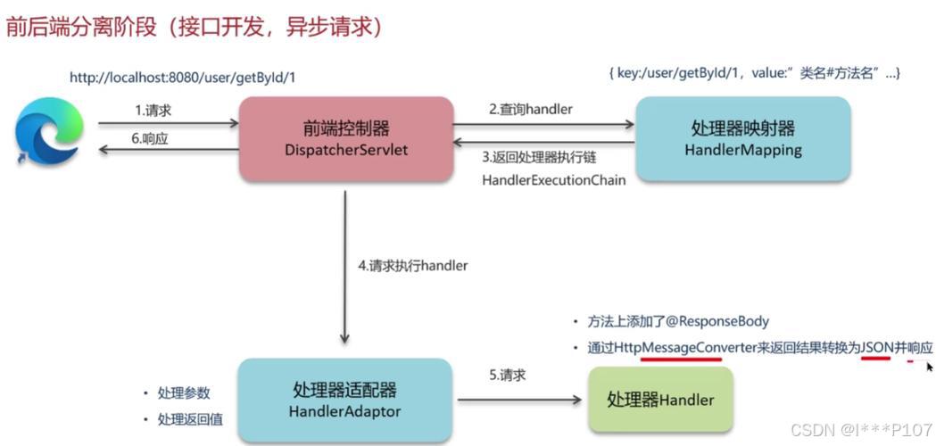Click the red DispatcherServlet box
click(x=346, y=138)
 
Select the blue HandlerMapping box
click(x=742, y=138)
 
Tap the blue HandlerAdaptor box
click(x=344, y=400)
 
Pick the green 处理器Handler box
click(x=660, y=400)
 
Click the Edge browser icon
click(x=49, y=132)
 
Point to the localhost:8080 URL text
click(x=182, y=78)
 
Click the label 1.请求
click(x=153, y=111)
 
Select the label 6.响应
click(x=150, y=139)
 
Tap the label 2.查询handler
click(x=530, y=109)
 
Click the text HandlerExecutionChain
click(x=553, y=179)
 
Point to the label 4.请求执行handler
click(x=412, y=265)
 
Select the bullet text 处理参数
click(x=184, y=393)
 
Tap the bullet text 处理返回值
click(x=190, y=418)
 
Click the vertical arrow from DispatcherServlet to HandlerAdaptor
click(x=345, y=268)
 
